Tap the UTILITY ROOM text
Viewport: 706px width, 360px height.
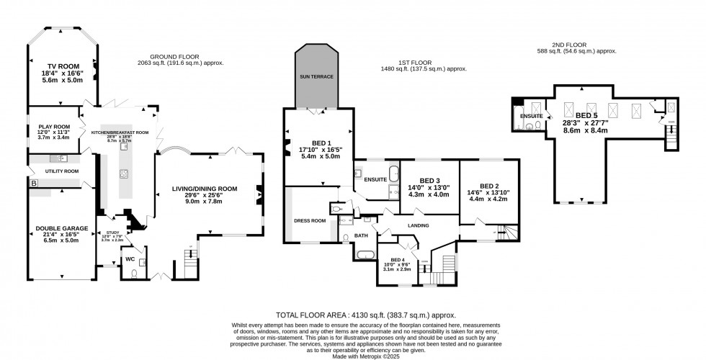[62, 171]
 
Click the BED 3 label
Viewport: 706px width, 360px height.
[429, 180]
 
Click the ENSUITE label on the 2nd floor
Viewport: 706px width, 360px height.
[531, 114]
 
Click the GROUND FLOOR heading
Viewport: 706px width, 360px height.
[174, 57]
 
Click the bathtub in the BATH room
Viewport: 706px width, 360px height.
[364, 253]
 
